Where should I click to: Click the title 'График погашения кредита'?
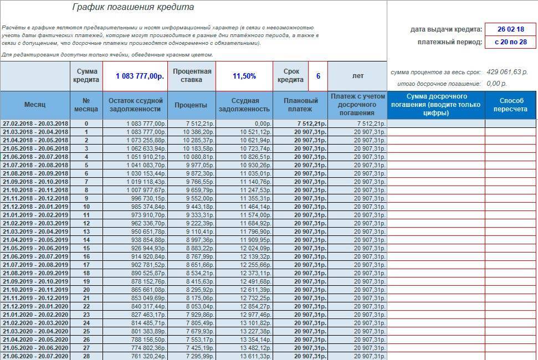133,7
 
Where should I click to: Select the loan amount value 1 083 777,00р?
140,76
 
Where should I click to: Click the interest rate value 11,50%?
244,76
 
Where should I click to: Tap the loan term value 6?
318,76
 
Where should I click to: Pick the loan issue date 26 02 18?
510,29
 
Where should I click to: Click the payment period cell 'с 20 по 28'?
510,42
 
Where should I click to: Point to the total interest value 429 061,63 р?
507,72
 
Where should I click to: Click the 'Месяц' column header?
35,105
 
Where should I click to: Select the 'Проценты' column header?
191,105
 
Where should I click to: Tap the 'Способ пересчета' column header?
511,105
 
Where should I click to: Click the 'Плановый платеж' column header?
300,105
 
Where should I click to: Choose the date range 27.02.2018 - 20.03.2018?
35,124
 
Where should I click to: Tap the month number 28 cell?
86,356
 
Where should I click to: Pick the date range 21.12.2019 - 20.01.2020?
35,306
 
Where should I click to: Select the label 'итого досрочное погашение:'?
439,84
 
